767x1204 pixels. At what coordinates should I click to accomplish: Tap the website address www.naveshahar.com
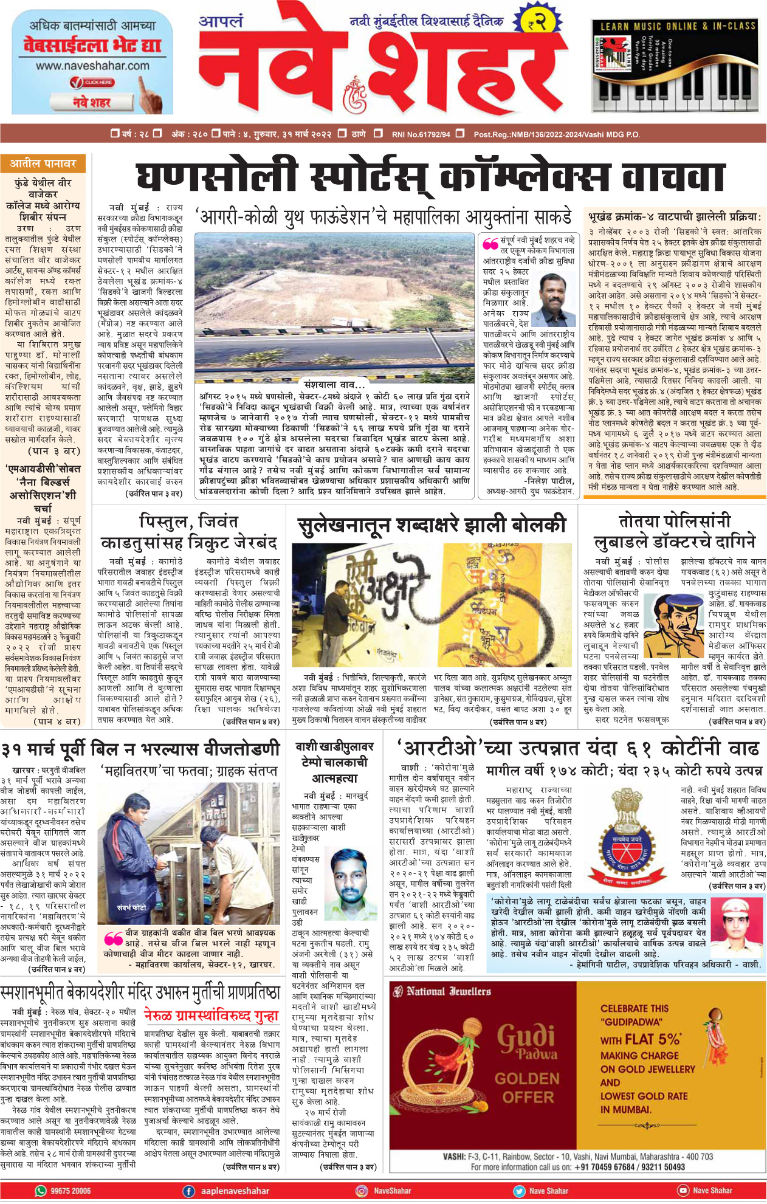tap(92, 66)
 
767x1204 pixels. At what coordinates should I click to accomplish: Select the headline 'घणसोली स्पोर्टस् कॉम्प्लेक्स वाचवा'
tap(430, 177)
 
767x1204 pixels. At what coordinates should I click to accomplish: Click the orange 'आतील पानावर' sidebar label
tap(43, 163)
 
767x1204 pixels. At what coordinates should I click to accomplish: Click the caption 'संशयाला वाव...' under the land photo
tap(335, 384)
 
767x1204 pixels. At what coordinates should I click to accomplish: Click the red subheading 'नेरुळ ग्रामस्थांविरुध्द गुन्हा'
tap(212, 1015)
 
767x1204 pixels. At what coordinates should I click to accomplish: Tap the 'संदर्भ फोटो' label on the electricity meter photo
tap(132, 907)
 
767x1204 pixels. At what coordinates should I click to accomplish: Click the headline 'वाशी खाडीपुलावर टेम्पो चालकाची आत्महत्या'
tap(334, 762)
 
